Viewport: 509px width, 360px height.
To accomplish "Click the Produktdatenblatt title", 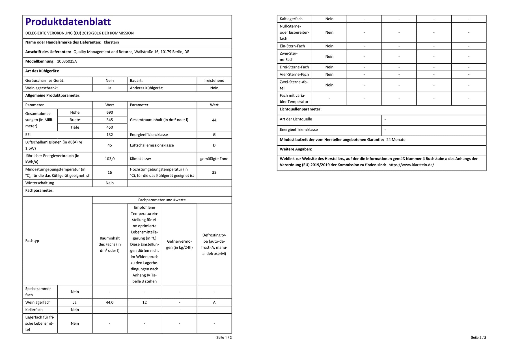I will [68, 22].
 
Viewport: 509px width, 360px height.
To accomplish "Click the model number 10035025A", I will [67, 61].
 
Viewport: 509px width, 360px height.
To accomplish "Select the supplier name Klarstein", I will [111, 42].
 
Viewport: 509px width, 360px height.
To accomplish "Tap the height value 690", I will [110, 113].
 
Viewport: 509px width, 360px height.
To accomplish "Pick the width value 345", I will [110, 120].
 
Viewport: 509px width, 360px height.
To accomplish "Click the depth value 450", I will [110, 127].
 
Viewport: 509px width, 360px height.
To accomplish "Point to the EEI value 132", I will [110, 135].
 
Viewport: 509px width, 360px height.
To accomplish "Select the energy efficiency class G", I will [214, 135].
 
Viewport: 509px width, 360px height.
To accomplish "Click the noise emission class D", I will [214, 145].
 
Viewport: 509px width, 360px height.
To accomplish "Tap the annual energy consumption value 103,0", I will [110, 159].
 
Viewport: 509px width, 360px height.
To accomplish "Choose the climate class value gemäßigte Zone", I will [214, 159].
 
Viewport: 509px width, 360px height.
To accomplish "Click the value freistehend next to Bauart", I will [214, 81].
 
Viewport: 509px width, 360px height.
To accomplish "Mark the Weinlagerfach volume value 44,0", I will [110, 302].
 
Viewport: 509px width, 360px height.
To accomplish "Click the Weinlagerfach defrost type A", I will [214, 302].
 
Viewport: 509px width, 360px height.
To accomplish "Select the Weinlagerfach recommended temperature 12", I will [144, 302].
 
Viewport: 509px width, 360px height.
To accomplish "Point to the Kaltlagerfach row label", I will [291, 19].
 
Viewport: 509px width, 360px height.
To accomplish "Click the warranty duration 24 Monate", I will [396, 140].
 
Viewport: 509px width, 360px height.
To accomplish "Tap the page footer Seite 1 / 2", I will [224, 337].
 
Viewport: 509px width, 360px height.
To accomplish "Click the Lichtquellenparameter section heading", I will [300, 109].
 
